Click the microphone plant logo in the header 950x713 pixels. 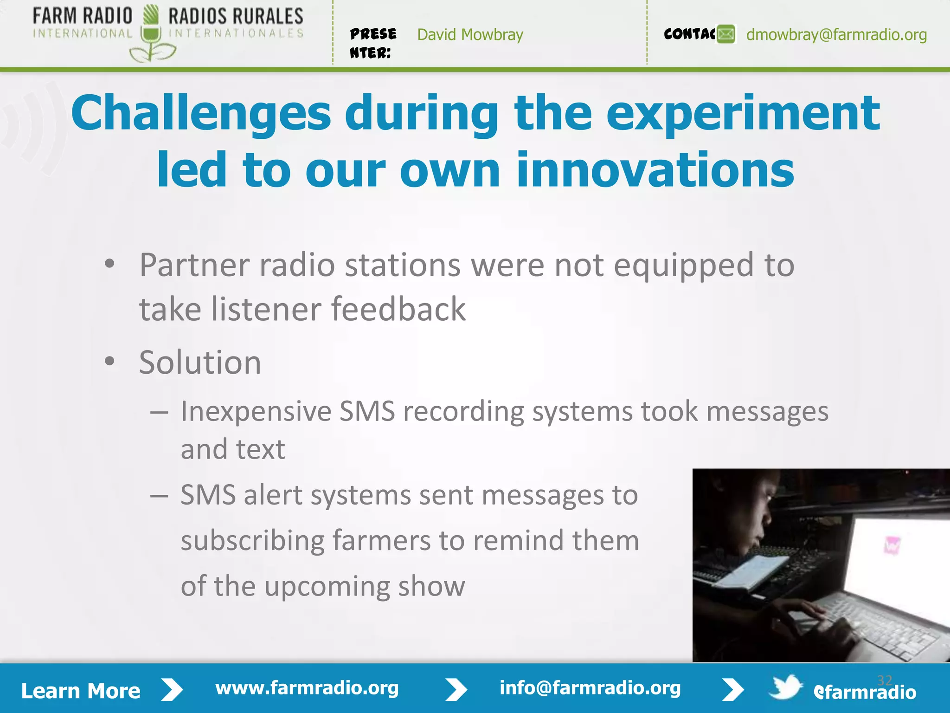[151, 35]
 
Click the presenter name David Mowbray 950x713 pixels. [470, 35]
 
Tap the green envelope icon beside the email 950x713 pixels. [726, 34]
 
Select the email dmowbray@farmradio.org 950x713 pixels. [836, 35]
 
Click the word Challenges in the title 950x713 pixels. [201, 114]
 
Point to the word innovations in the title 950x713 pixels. [655, 170]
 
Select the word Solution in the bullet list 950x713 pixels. [200, 363]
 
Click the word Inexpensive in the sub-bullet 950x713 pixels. [256, 412]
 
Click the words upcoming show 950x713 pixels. [364, 586]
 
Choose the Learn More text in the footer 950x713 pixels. [81, 691]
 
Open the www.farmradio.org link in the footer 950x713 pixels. [307, 688]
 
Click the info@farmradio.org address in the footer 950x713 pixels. [590, 688]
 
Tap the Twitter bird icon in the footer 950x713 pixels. [785, 687]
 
